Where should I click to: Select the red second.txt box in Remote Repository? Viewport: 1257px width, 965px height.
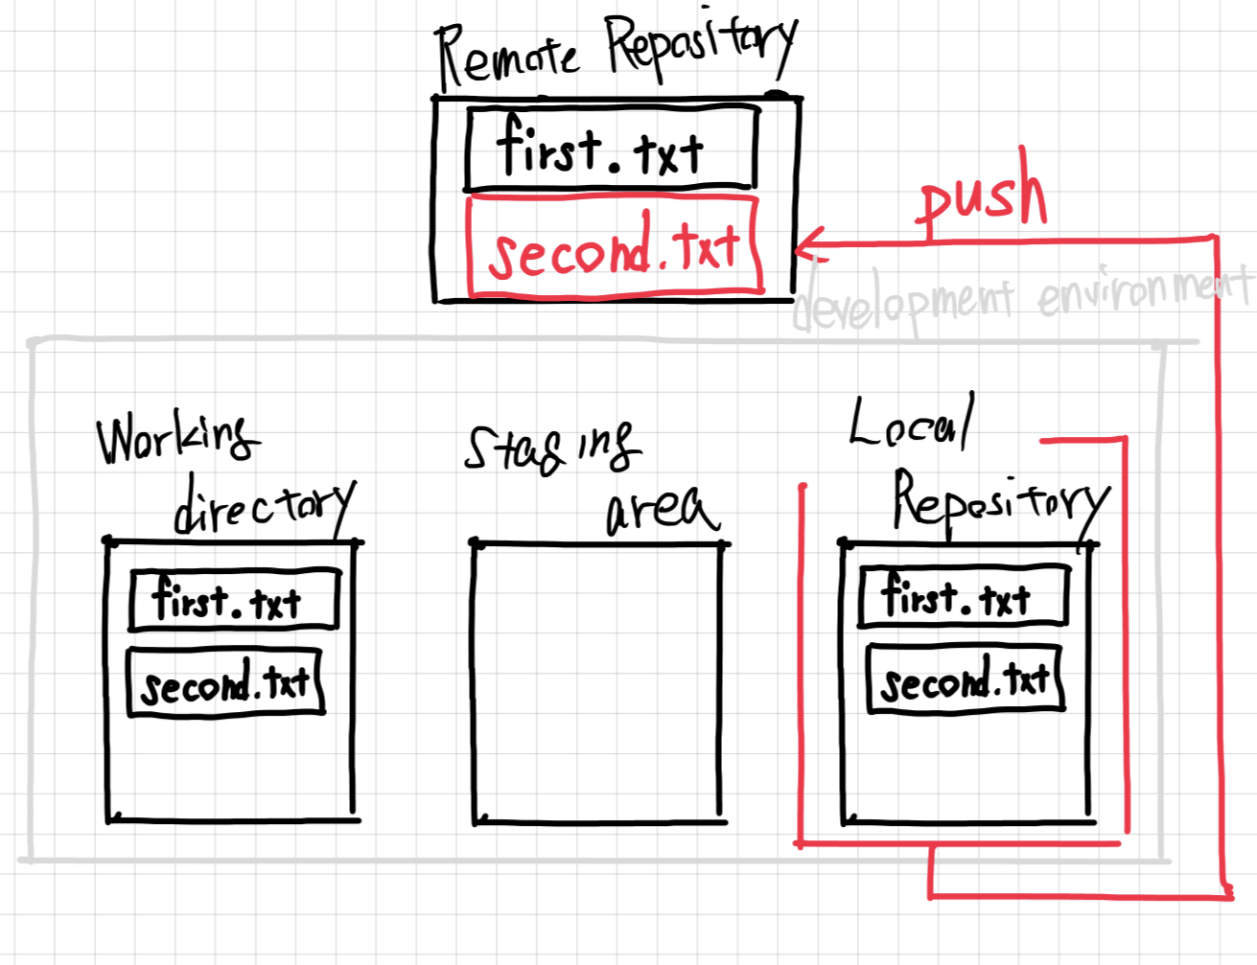pyautogui.click(x=614, y=246)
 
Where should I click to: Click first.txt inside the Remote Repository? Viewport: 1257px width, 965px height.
pyautogui.click(x=610, y=149)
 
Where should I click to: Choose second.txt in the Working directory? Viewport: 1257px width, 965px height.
pyautogui.click(x=225, y=682)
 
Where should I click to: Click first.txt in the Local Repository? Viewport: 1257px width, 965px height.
pyautogui.click(x=962, y=597)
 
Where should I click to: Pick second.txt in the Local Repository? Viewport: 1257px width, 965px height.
pyautogui.click(x=965, y=679)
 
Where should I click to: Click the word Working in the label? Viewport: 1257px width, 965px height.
pyautogui.click(x=177, y=438)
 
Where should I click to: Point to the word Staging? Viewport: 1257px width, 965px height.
pyautogui.click(x=550, y=447)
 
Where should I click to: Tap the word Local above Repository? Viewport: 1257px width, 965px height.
pyautogui.click(x=911, y=425)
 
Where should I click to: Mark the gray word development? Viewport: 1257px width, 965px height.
pyautogui.click(x=904, y=302)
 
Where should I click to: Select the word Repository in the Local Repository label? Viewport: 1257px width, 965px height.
pyautogui.click(x=1000, y=501)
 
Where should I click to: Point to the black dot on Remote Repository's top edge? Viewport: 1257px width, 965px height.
pyautogui.click(x=776, y=94)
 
